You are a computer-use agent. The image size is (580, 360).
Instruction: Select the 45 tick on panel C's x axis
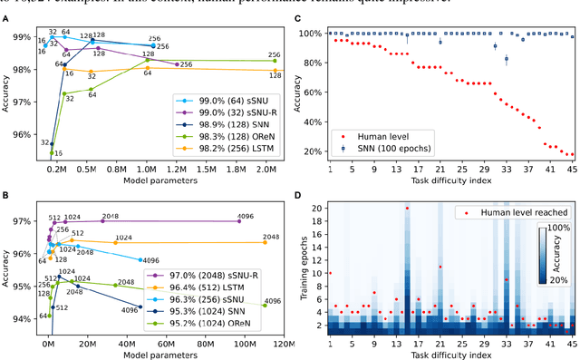pyautogui.click(x=571, y=170)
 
